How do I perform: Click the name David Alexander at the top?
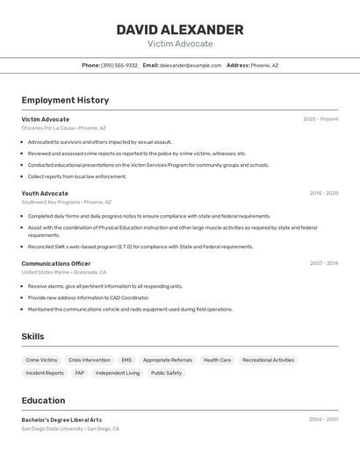pyautogui.click(x=180, y=30)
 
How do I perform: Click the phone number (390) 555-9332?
pyautogui.click(x=119, y=65)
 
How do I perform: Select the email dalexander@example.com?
pyautogui.click(x=191, y=65)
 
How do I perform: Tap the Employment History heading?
pyautogui.click(x=65, y=100)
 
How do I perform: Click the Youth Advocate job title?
pyautogui.click(x=45, y=193)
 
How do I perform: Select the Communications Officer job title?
pyautogui.click(x=56, y=263)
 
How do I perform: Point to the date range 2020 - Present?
pyautogui.click(x=320, y=119)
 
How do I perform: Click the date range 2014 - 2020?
pyautogui.click(x=323, y=193)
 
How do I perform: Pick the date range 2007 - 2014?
pyautogui.click(x=323, y=263)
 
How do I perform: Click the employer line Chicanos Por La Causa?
pyautogui.click(x=63, y=128)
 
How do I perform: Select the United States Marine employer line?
pyautogui.click(x=64, y=272)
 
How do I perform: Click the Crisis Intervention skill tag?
pyautogui.click(x=90, y=360)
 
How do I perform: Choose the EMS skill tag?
pyautogui.click(x=126, y=360)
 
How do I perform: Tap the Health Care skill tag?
pyautogui.click(x=217, y=360)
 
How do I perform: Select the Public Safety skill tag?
pyautogui.click(x=166, y=373)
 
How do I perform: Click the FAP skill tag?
pyautogui.click(x=80, y=373)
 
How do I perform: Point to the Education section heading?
pyautogui.click(x=43, y=400)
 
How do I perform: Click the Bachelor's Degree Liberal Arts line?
pyautogui.click(x=61, y=419)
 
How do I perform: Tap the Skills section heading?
pyautogui.click(x=32, y=336)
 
